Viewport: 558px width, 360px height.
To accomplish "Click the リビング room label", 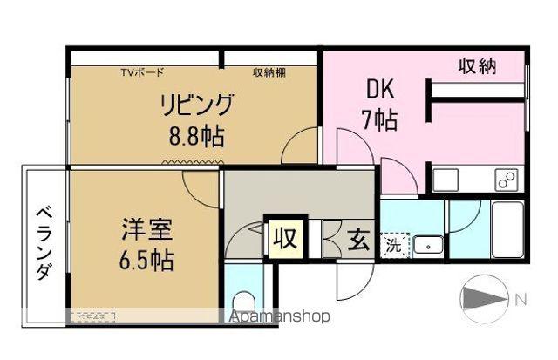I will (195, 105).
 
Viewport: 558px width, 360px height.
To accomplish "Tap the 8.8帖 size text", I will (195, 136).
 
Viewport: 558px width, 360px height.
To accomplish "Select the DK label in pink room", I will (377, 90).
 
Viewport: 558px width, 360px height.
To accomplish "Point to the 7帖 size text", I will (379, 119).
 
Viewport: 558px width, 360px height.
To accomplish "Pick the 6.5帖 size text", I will (146, 260).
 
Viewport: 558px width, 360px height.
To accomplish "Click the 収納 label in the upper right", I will (478, 66).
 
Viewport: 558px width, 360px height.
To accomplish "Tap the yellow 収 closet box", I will (284, 238).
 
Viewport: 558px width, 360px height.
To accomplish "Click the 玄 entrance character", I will (358, 238).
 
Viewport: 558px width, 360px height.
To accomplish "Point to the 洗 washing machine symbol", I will (395, 246).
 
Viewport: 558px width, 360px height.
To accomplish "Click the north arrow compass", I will (483, 300).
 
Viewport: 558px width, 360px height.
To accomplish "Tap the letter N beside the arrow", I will (521, 300).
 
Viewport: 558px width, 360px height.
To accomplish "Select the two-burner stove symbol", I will (506, 180).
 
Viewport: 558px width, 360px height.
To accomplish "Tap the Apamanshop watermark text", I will (278, 316).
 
